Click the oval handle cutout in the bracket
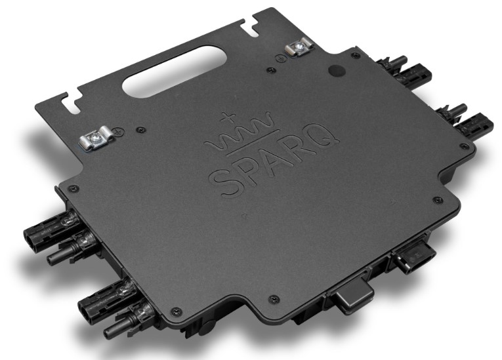click(x=175, y=71)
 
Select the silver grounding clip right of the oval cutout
click(x=299, y=47)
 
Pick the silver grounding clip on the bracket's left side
click(x=96, y=138)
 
